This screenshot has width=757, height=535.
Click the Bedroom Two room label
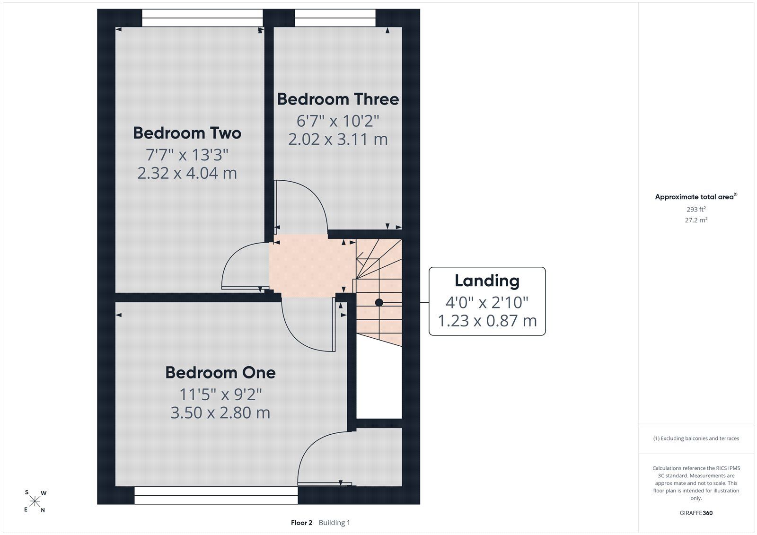[187, 133]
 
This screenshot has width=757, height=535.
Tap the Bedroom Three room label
[338, 99]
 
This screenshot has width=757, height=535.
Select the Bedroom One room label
[220, 372]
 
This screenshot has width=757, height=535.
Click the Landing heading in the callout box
[487, 281]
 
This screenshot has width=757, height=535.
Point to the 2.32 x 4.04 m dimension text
[187, 173]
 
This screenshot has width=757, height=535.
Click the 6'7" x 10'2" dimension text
[338, 121]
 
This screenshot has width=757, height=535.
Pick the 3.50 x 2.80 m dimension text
[220, 412]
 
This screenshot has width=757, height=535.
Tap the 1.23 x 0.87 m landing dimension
[487, 321]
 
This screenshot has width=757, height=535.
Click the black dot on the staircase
[379, 302]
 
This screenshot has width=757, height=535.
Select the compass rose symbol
[35, 501]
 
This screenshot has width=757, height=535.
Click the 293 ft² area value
[696, 209]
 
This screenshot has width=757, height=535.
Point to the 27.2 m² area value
[696, 220]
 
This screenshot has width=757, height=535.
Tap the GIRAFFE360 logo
[696, 513]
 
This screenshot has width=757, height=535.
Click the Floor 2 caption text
[301, 523]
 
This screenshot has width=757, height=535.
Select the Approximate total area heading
[696, 197]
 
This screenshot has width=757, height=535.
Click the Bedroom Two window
[202, 18]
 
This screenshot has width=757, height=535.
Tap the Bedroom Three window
[335, 18]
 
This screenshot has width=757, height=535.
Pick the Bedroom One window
[216, 495]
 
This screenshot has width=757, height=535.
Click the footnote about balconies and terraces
[696, 439]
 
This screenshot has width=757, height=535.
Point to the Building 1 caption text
[334, 523]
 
